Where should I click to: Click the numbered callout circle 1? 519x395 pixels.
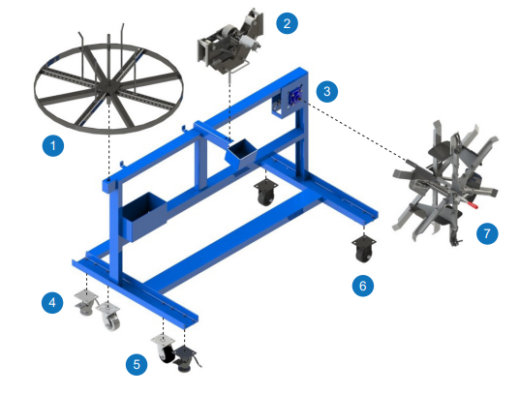tap(55, 147)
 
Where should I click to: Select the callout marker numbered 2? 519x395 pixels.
tap(286, 24)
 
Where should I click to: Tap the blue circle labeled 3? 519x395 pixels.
tap(328, 91)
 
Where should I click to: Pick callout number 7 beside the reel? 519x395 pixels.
tap(488, 233)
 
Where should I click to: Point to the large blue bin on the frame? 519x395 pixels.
tap(142, 214)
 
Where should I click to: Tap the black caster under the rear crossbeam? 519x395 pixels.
tap(264, 191)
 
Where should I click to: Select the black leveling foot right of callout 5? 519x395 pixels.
tap(185, 363)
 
